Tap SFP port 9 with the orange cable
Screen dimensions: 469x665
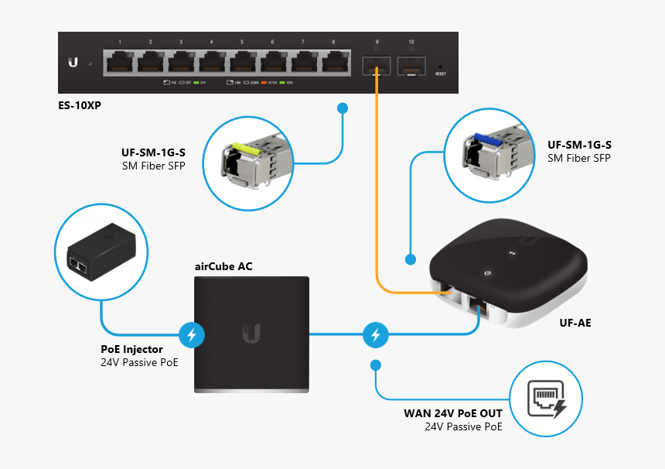[377, 64]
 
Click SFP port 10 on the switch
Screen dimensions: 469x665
[411, 64]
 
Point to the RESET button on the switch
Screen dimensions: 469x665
[441, 67]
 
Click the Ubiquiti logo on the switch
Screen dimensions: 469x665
[73, 63]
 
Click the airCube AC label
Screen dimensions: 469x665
[223, 267]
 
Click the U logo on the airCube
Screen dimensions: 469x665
[251, 334]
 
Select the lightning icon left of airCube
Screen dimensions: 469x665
[191, 335]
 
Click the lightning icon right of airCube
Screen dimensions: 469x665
[375, 335]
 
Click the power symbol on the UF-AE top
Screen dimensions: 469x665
[487, 272]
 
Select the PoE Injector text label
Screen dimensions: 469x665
[131, 350]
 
